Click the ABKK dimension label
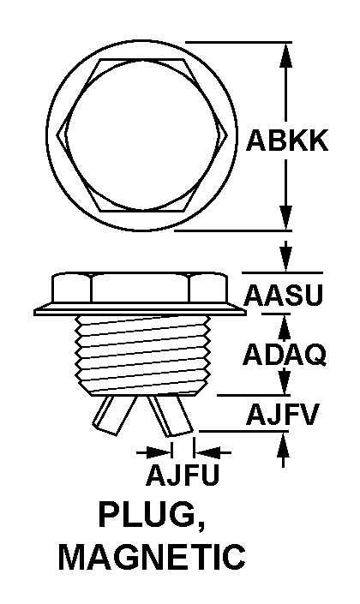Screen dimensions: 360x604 click(x=287, y=141)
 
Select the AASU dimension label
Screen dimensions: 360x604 click(x=283, y=296)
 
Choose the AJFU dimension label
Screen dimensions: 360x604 click(x=183, y=474)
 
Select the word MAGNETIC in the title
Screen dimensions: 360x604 click(x=152, y=557)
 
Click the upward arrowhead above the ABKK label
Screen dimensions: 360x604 click(x=285, y=55)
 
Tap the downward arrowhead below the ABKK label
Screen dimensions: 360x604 click(x=285, y=218)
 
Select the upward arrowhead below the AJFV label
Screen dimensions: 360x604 click(x=284, y=444)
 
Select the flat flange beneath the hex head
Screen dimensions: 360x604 click(x=140, y=309)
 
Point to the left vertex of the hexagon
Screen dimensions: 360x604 click(x=57, y=135)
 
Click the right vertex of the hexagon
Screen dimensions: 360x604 click(x=230, y=135)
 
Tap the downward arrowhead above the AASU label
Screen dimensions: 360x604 click(x=285, y=259)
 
